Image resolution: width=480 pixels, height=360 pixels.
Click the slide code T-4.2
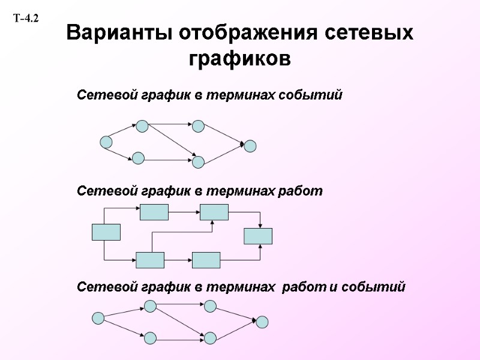click(x=26, y=19)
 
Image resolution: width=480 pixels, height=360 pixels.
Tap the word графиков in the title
click(x=240, y=59)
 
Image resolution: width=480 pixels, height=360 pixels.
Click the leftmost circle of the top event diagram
click(x=106, y=142)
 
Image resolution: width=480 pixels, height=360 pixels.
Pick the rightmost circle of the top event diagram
click(x=250, y=146)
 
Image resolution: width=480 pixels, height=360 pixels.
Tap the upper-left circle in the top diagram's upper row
click(x=142, y=126)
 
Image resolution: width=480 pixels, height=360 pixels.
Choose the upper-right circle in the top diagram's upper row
click(x=199, y=126)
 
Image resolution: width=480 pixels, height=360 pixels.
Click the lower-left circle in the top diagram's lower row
click(x=138, y=158)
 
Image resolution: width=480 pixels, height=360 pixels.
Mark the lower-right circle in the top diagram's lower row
click(x=199, y=161)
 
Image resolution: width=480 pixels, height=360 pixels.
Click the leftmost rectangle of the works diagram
click(x=106, y=232)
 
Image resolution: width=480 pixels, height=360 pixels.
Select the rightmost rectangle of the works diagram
click(x=258, y=236)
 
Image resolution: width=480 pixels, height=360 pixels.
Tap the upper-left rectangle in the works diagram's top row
click(x=154, y=212)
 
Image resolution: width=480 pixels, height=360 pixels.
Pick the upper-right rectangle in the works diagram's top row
click(x=214, y=212)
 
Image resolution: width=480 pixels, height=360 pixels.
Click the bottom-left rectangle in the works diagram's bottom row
click(x=150, y=260)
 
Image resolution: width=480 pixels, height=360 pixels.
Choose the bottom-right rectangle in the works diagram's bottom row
click(x=206, y=260)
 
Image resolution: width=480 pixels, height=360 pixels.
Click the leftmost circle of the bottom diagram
click(x=98, y=318)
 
